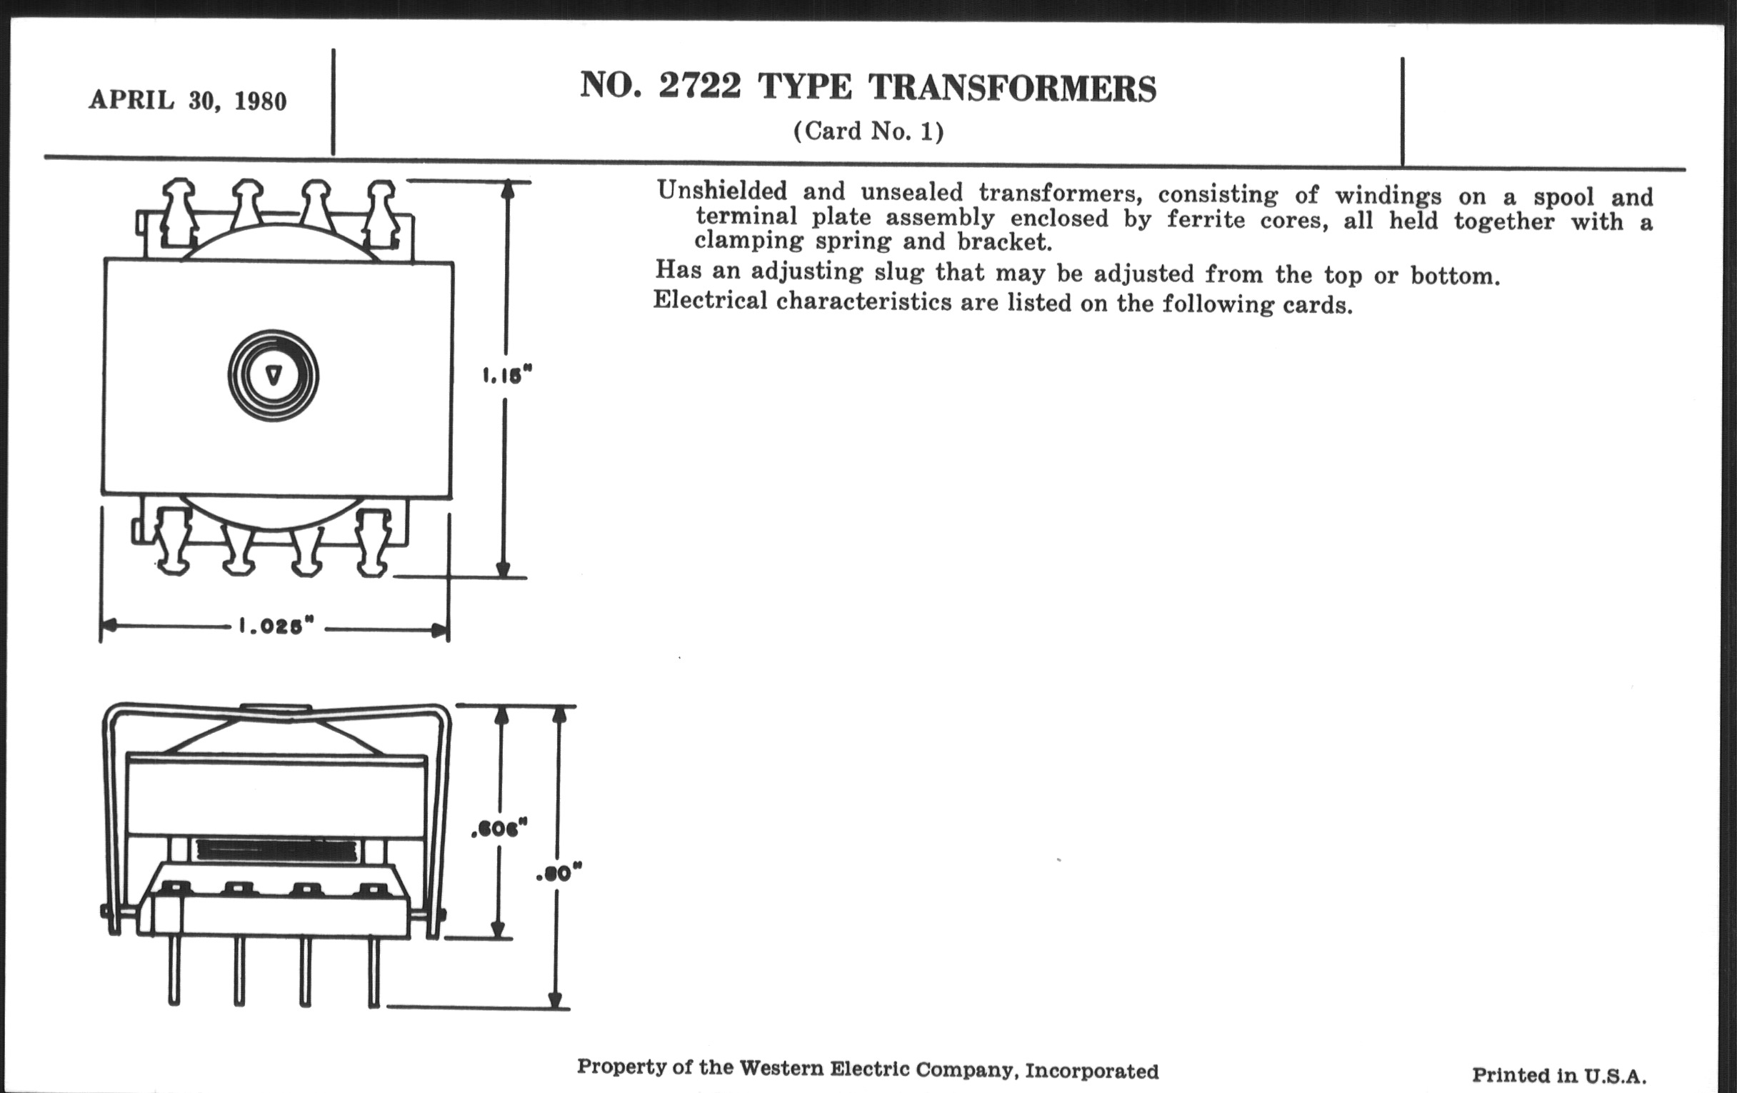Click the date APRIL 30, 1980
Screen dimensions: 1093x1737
click(188, 101)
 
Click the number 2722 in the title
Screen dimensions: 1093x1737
click(699, 86)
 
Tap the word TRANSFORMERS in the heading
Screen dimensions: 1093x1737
click(1012, 89)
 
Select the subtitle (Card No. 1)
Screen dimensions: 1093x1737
click(868, 131)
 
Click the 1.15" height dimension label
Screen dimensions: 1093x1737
click(506, 375)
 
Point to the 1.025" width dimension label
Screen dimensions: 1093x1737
click(277, 626)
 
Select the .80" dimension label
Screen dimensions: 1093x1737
click(559, 874)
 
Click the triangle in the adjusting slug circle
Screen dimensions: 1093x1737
click(274, 376)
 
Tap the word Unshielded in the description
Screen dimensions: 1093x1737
click(721, 191)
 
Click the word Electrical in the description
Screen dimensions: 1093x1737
click(710, 300)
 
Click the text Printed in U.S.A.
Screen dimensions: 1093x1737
click(1559, 1077)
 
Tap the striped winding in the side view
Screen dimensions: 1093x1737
click(276, 852)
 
